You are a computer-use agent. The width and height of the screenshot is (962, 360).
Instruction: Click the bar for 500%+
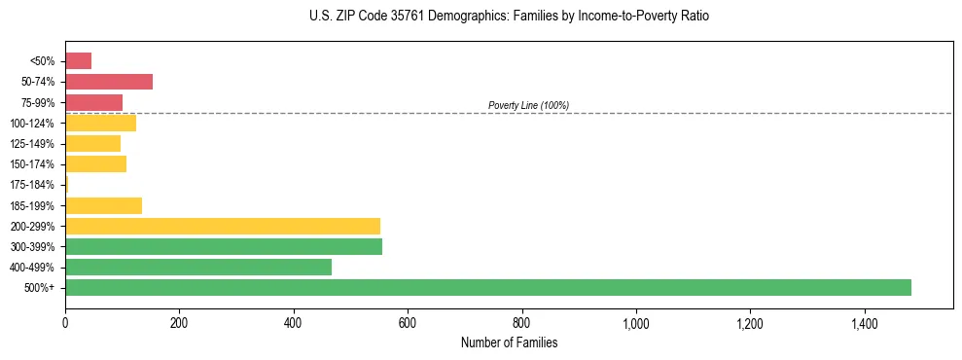click(x=487, y=287)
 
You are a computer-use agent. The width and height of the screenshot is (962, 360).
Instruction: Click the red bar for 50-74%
click(x=109, y=82)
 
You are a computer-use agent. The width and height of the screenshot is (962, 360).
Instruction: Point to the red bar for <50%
click(x=78, y=61)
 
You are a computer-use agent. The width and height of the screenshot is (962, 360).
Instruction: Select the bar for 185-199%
click(x=103, y=205)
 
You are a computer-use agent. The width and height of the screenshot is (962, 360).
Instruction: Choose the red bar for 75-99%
click(x=93, y=102)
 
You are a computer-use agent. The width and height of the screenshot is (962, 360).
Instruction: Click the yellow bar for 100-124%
click(x=100, y=123)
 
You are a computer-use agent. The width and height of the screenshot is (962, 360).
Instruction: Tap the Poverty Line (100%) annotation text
click(x=528, y=105)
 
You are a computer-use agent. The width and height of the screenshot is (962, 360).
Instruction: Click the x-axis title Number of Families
click(x=509, y=342)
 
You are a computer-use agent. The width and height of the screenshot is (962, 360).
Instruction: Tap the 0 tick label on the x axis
click(x=65, y=321)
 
